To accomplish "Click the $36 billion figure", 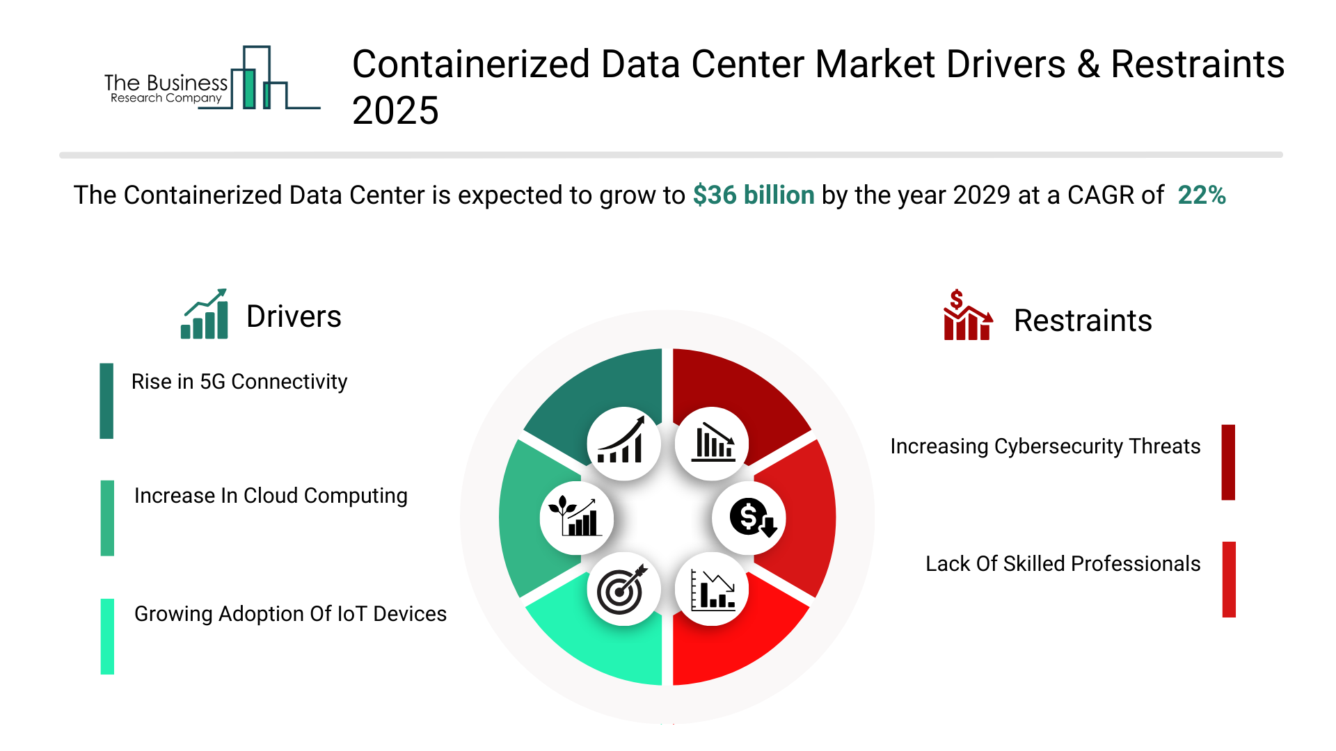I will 753,195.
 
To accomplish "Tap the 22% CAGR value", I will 1201,195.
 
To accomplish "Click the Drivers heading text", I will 294,317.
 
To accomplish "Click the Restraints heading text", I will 1082,321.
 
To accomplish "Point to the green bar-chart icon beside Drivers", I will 205,314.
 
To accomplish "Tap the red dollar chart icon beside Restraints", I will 967,316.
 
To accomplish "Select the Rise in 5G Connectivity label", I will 239,382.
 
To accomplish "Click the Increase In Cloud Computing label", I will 271,496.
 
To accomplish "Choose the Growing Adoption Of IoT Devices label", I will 290,614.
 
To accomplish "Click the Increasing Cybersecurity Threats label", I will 1044,446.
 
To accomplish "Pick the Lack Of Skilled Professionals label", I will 1063,564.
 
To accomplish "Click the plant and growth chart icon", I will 575,518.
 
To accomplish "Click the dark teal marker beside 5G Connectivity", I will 106,401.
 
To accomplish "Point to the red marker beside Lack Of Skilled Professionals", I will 1229,579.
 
